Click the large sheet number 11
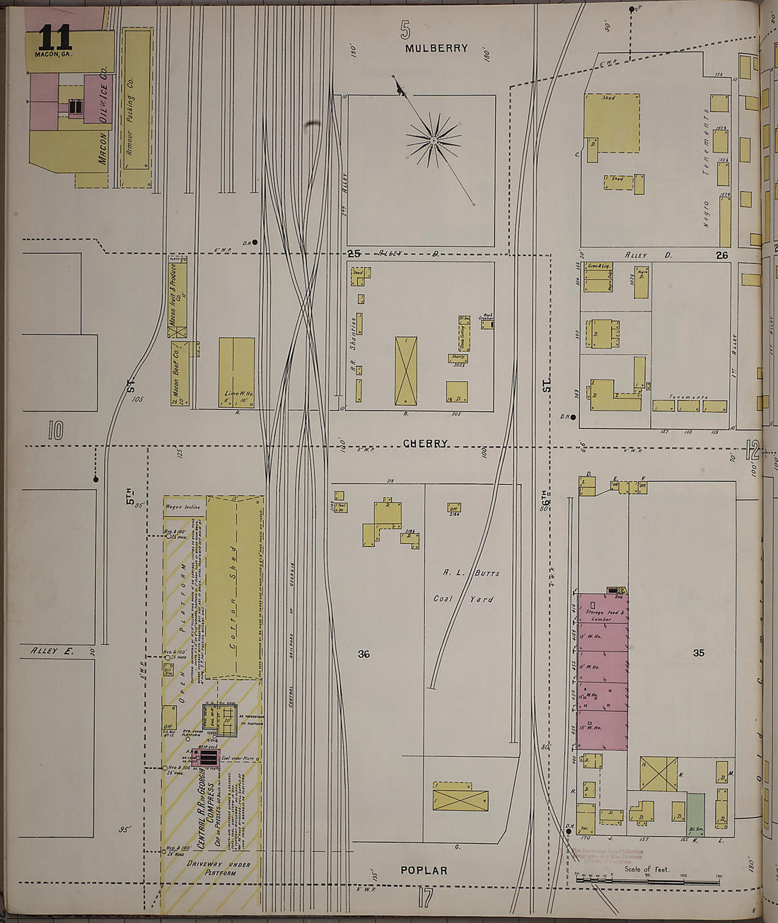(x=54, y=37)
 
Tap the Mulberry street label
(x=436, y=48)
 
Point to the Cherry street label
(x=425, y=444)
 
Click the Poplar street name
(x=424, y=870)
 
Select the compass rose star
(x=433, y=141)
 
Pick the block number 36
(x=364, y=654)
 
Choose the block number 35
(x=698, y=653)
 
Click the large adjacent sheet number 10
(x=56, y=430)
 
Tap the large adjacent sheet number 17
(x=424, y=898)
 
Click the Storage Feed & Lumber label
(x=603, y=616)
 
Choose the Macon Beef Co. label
(x=175, y=373)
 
